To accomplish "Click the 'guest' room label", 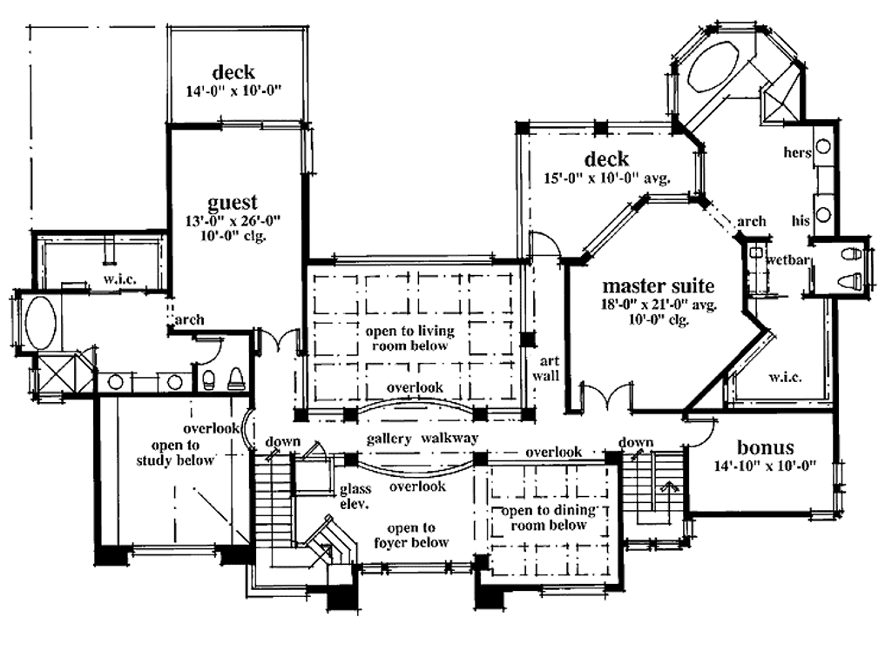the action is [x=232, y=203].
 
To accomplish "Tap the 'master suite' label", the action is [x=659, y=285].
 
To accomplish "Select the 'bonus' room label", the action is [x=765, y=447].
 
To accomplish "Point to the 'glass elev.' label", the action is [x=355, y=496].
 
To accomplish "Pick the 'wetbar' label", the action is [x=787, y=260].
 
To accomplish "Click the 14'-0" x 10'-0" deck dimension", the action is [x=233, y=91].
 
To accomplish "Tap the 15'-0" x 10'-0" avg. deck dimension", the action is [x=607, y=178].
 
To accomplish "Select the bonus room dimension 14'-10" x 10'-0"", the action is [x=765, y=466].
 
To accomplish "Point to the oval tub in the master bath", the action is [x=713, y=65].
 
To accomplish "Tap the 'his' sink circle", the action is [x=822, y=215].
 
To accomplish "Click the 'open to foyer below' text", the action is [x=411, y=535].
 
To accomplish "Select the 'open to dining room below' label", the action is [x=549, y=517].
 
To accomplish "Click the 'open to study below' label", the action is [x=175, y=453].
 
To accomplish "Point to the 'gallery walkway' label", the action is [x=422, y=439].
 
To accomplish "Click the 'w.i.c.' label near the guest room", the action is [x=119, y=279].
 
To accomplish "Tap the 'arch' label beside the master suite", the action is [x=752, y=221].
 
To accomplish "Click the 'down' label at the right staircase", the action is [x=636, y=442].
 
